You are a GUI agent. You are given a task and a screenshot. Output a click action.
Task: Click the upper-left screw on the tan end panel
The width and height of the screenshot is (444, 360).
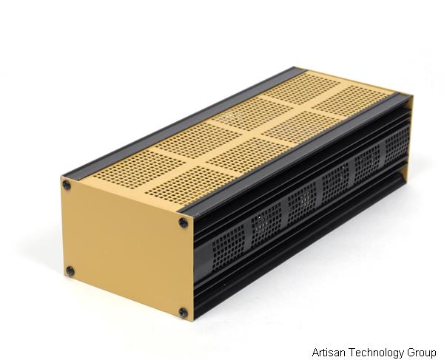67,185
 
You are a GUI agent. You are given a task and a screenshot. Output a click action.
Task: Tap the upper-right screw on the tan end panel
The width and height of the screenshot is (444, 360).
183,222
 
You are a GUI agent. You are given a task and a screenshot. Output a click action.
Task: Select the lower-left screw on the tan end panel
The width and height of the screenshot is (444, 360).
70,271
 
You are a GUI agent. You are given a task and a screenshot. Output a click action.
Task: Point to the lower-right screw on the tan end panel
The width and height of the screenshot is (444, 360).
183,313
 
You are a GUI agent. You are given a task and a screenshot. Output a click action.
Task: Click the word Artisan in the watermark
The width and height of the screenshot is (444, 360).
329,352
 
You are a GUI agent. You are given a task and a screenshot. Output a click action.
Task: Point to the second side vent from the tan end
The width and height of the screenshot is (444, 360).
268,220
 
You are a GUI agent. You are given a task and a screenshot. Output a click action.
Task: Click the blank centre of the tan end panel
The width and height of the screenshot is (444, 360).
124,247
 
